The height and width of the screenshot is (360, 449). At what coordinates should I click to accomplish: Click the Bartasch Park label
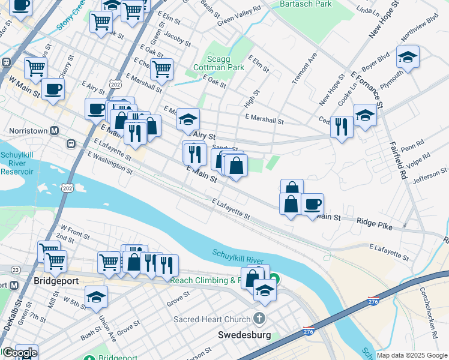tap(306, 4)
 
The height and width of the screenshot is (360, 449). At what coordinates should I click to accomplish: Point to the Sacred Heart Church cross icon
tap(259, 319)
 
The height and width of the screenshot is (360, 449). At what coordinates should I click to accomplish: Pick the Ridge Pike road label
tap(373, 221)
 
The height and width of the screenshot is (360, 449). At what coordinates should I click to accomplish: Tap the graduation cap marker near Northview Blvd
tap(408, 58)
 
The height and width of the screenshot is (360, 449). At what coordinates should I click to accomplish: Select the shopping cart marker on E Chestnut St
tap(161, 69)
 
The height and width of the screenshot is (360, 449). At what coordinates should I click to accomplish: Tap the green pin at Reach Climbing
tap(274, 278)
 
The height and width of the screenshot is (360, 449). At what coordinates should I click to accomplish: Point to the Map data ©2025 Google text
tap(411, 355)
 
